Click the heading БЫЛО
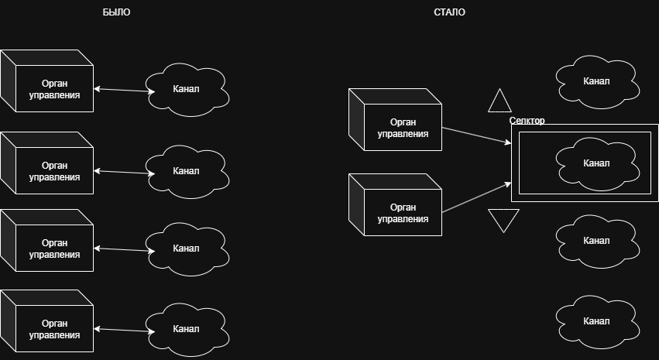pos(117,12)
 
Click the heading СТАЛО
pos(450,12)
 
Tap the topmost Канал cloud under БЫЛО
pos(187,89)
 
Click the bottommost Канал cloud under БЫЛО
pos(187,329)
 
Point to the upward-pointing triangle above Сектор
pos(500,102)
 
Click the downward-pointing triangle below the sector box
pos(503,219)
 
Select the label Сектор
pos(527,121)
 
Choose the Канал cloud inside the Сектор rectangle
pos(597,163)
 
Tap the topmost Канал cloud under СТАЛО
pos(597,81)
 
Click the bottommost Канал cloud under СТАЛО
pos(597,321)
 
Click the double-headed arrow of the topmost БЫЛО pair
pos(124,91)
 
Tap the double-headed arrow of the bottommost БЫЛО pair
pos(124,331)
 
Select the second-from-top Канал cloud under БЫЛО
pos(187,171)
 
